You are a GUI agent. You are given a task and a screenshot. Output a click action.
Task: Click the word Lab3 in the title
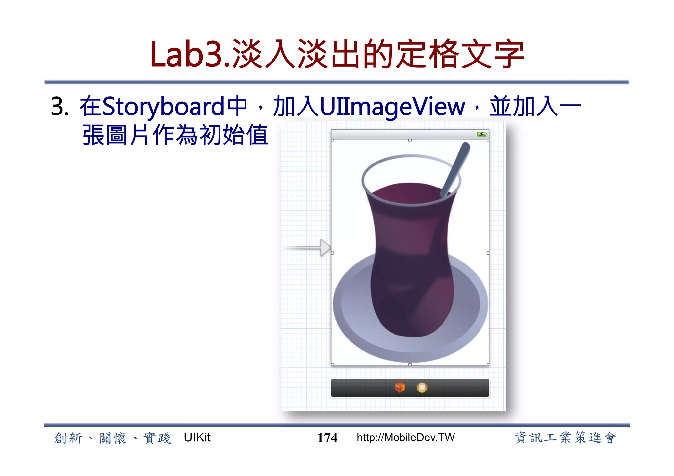click(186, 55)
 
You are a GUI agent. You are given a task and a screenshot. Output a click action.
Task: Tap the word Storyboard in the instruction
click(164, 107)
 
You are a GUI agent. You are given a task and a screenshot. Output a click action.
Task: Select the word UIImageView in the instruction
click(392, 107)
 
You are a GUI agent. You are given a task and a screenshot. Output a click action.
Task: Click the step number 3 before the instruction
click(59, 107)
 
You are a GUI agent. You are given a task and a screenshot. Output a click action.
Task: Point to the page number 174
click(327, 438)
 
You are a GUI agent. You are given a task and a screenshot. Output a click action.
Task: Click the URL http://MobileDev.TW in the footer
click(405, 438)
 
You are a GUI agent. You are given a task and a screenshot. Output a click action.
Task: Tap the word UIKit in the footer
click(197, 438)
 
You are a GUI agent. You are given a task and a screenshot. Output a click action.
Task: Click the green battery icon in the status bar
click(482, 134)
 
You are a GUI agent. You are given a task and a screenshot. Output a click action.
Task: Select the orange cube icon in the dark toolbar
click(400, 388)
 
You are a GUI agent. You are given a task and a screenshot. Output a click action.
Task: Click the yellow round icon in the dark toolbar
click(422, 388)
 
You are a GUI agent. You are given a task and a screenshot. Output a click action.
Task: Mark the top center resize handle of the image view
click(410, 140)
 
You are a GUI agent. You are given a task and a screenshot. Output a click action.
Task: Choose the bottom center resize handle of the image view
click(410, 365)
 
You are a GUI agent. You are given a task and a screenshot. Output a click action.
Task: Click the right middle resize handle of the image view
click(488, 253)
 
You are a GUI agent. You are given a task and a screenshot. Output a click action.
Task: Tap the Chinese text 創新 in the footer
click(68, 438)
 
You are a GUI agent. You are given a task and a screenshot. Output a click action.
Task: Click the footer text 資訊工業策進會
click(565, 438)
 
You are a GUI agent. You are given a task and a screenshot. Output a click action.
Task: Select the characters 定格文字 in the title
click(460, 55)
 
